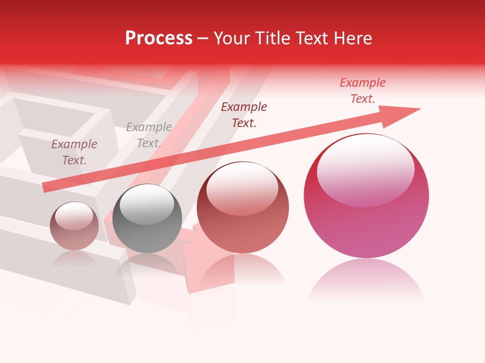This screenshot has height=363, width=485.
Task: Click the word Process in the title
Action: coord(159,38)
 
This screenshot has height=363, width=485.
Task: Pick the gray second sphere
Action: coord(147,219)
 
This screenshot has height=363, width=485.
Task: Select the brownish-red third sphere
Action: coord(243,208)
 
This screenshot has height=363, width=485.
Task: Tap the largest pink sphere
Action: coord(366,197)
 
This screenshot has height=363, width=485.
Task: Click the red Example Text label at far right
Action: coord(363,91)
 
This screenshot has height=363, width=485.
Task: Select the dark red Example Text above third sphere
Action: coord(244,114)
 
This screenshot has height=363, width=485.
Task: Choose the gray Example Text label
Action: coord(149,135)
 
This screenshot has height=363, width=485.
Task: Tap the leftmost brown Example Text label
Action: coord(74,152)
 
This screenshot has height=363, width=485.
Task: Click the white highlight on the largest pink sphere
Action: coord(366,169)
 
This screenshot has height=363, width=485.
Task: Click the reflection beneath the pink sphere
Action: coord(366,280)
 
